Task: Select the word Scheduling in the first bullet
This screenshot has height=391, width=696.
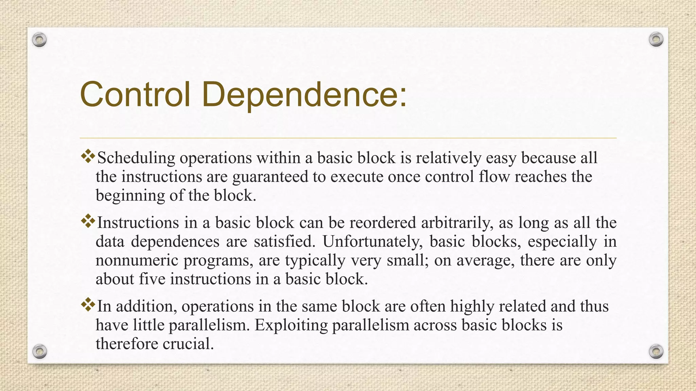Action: (136, 158)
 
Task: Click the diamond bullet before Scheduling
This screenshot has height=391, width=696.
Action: (88, 156)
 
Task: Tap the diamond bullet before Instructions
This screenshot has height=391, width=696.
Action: (88, 221)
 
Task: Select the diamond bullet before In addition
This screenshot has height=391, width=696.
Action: (88, 304)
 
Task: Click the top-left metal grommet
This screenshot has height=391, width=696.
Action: (39, 40)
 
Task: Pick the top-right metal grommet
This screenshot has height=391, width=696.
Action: (656, 40)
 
